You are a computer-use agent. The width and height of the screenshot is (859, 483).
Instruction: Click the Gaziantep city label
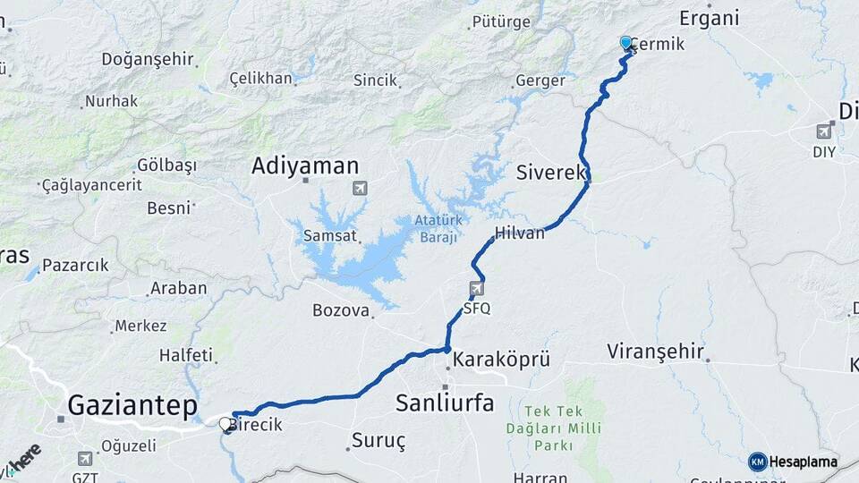tap(132, 405)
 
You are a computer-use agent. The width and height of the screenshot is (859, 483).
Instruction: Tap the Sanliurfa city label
tap(445, 402)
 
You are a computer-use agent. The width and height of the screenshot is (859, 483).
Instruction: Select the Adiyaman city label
tap(305, 165)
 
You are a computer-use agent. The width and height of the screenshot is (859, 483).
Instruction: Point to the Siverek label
tap(550, 173)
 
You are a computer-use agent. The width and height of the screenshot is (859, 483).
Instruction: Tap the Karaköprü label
tap(501, 360)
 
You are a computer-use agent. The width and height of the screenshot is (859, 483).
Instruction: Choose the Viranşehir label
tap(655, 351)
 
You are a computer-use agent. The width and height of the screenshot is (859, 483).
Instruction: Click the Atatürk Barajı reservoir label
tap(437, 229)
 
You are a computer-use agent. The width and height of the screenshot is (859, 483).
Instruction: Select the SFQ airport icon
tap(476, 289)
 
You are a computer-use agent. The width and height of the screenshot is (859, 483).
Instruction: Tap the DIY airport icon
tap(824, 131)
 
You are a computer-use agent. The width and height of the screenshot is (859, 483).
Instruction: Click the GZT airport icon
tap(86, 459)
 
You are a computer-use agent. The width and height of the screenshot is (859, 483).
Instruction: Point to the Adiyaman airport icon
tap(360, 188)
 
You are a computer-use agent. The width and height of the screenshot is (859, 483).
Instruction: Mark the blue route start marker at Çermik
tap(625, 43)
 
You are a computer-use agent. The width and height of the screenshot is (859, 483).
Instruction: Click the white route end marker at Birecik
tap(225, 423)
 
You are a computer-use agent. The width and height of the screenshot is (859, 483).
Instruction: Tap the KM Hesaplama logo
tap(793, 462)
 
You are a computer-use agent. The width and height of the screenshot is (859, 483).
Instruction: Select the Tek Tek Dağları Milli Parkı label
tap(566, 427)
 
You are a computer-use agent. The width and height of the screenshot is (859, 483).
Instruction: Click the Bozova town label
tap(341, 310)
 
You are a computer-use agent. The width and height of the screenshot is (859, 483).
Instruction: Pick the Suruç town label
tap(378, 440)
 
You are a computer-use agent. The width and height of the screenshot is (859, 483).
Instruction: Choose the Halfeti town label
tap(186, 355)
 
